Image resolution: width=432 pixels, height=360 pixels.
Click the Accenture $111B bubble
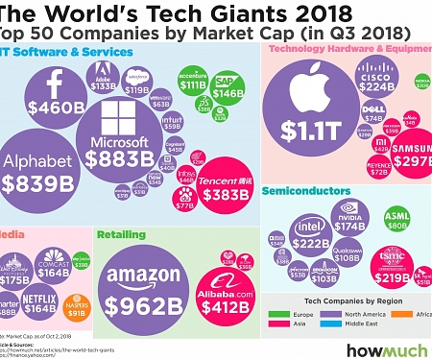point(191,82)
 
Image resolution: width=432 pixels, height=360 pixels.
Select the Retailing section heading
point(127,233)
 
